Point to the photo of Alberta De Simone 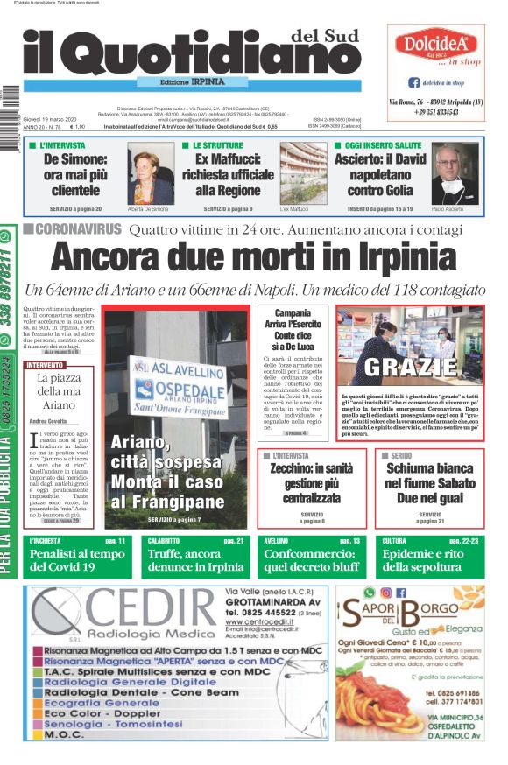tap(151, 178)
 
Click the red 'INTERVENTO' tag tap(45, 365)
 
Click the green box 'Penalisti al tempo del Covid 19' tap(76, 560)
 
